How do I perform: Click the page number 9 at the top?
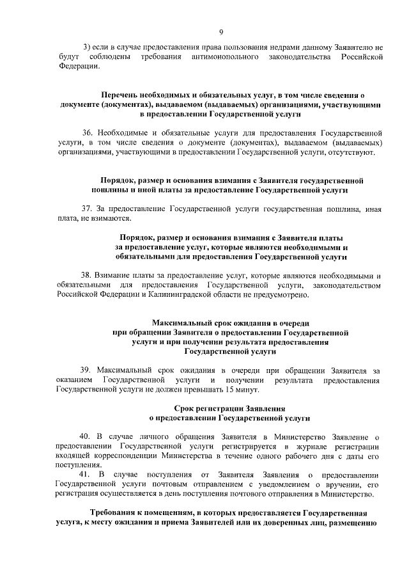[x=220, y=32]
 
